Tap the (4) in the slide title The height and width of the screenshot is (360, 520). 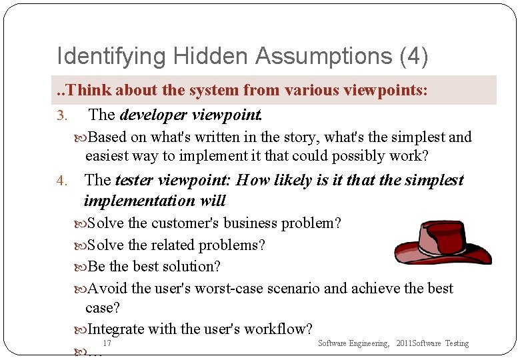coord(413,56)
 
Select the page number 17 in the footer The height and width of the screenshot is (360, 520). coord(107,343)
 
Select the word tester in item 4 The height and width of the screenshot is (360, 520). coord(136,180)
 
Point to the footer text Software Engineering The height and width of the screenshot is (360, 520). coord(353,343)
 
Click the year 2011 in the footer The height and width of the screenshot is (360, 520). coord(404,343)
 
